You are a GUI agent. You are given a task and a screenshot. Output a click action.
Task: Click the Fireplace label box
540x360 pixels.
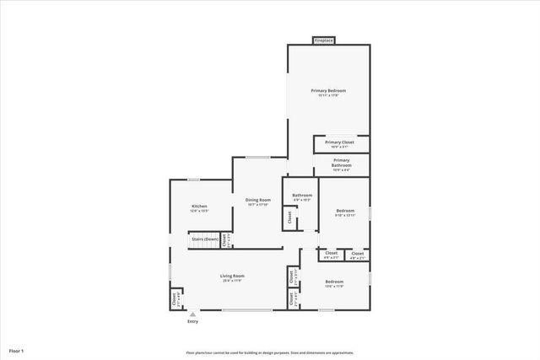pyautogui.click(x=324, y=40)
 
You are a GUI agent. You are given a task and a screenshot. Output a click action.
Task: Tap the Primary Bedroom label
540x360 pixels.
pyautogui.click(x=328, y=90)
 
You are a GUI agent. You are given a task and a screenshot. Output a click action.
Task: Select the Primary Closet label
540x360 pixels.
pyautogui.click(x=340, y=142)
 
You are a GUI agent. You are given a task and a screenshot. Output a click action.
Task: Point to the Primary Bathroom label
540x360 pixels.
pyautogui.click(x=341, y=160)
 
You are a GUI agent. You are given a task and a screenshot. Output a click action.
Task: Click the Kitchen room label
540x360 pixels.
pyautogui.click(x=199, y=207)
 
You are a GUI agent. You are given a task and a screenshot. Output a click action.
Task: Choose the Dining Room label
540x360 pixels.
pyautogui.click(x=257, y=200)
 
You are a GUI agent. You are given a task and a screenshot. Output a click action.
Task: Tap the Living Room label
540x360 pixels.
pyautogui.click(x=232, y=277)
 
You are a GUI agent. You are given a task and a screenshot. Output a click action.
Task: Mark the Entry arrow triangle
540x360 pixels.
pyautogui.click(x=192, y=313)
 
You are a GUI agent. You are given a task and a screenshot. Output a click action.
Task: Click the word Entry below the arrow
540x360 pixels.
pyautogui.click(x=192, y=321)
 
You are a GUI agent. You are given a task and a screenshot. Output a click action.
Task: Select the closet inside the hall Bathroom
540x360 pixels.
pyautogui.click(x=289, y=217)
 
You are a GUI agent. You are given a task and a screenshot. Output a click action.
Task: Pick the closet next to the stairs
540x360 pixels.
pyautogui.click(x=224, y=240)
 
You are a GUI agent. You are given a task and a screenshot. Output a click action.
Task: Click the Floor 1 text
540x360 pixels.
pyautogui.click(x=17, y=350)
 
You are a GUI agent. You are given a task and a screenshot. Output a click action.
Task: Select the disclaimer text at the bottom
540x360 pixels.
pyautogui.click(x=270, y=353)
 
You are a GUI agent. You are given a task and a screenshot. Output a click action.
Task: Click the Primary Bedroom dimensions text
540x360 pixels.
pyautogui.click(x=328, y=95)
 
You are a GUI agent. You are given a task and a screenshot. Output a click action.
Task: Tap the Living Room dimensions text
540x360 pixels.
pyautogui.click(x=232, y=282)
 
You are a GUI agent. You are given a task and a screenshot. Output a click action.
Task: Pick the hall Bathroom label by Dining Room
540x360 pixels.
pyautogui.click(x=302, y=195)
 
